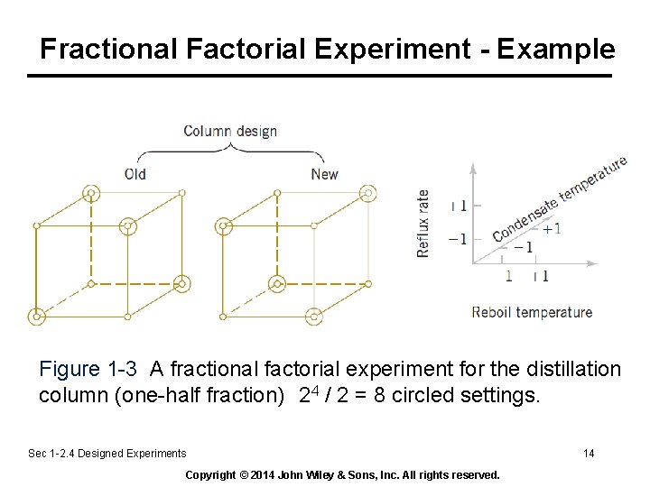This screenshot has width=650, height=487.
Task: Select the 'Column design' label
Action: click(230, 131)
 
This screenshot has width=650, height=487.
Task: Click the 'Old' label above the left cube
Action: click(135, 173)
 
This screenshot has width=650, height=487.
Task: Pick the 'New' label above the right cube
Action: click(324, 173)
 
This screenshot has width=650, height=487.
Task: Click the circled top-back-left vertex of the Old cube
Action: click(90, 193)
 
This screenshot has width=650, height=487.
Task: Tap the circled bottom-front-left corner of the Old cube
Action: click(36, 317)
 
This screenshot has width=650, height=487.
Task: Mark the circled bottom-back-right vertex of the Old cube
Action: click(182, 283)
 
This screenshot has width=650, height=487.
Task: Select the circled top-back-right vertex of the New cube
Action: click(367, 193)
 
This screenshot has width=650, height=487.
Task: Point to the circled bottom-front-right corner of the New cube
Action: click(313, 317)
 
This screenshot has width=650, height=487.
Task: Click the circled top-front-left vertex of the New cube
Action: click(222, 225)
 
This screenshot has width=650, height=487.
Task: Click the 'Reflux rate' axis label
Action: click(423, 224)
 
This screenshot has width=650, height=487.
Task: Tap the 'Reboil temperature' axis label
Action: click(532, 312)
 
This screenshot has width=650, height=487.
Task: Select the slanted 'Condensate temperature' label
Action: click(559, 200)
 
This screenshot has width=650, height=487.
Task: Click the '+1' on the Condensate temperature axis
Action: click(551, 228)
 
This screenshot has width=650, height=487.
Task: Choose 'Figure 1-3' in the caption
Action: click(88, 369)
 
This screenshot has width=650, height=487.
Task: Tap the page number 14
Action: click(589, 453)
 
